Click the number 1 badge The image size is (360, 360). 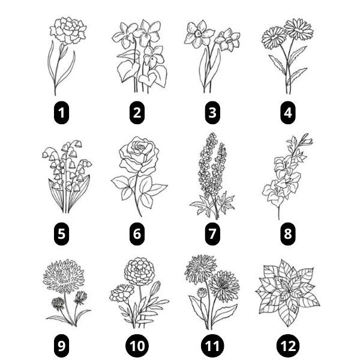click(61, 112)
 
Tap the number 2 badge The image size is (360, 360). click(137, 112)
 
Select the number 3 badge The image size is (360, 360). click(212, 112)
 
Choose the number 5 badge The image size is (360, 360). click(61, 233)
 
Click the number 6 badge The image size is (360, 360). click(137, 233)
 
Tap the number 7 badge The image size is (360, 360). click(212, 233)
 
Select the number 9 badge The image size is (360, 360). click(61, 346)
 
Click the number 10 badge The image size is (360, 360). click(137, 346)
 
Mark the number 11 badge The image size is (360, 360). click(212, 346)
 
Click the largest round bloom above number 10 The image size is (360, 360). click(139, 269)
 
